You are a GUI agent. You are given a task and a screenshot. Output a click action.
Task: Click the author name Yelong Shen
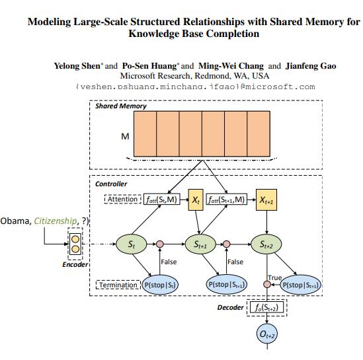click(78, 66)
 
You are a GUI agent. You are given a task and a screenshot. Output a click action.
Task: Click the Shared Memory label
click(120, 106)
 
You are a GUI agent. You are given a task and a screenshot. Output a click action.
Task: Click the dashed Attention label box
click(122, 199)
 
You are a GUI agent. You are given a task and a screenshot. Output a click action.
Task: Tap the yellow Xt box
click(196, 199)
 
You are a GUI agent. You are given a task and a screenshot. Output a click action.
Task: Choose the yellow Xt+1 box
click(267, 199)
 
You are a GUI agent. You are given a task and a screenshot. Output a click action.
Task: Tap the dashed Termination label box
click(118, 285)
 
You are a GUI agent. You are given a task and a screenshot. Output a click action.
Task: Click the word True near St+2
click(274, 277)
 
